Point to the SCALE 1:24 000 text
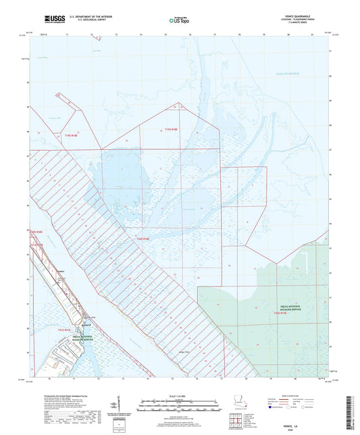tap(179, 396)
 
